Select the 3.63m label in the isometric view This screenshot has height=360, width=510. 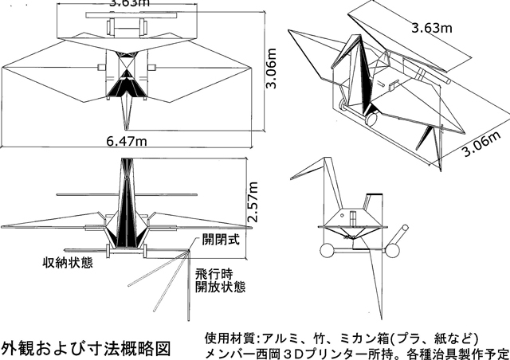(x=431, y=28)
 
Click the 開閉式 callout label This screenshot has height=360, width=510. (x=221, y=238)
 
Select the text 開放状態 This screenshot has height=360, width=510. (x=221, y=287)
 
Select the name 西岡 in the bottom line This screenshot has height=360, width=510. (x=272, y=351)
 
